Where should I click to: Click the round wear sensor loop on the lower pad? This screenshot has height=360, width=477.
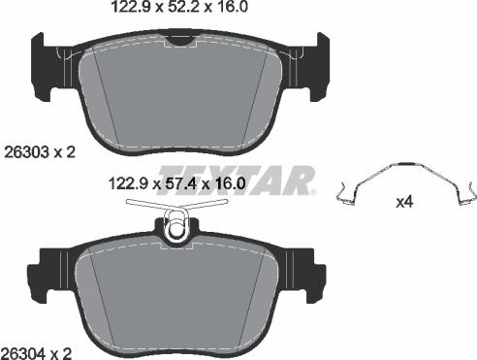(x=175, y=231)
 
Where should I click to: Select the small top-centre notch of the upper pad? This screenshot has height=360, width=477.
(x=179, y=38)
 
